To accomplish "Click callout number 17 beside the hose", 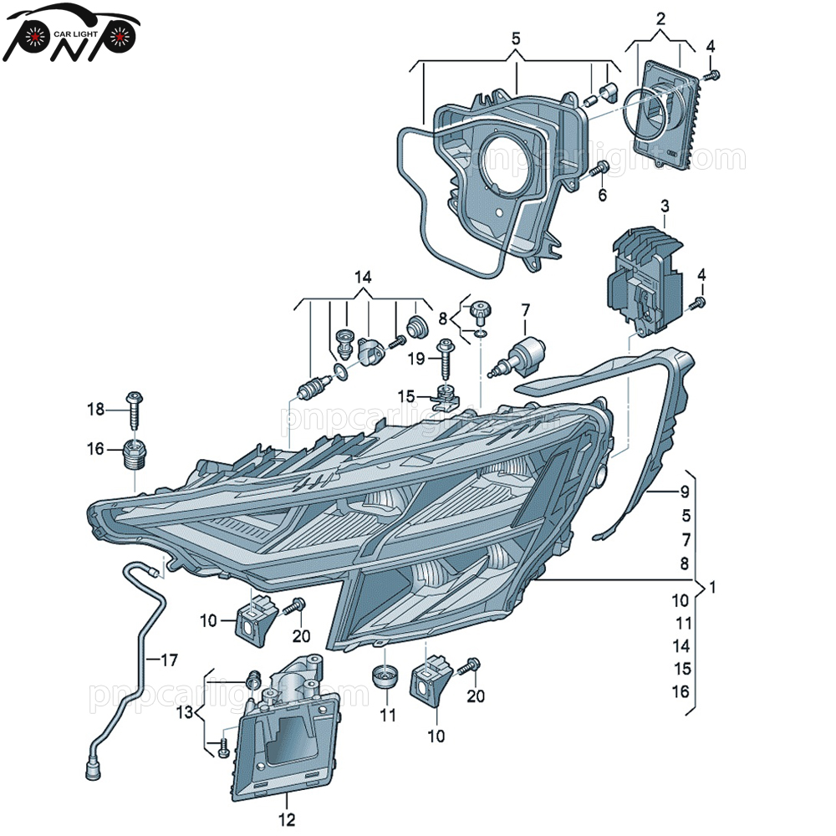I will point(169,660).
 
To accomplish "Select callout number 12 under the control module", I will point(287,820).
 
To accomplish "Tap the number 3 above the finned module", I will point(665,206).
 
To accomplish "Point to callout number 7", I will point(525,310).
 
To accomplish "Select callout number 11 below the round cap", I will point(386,715).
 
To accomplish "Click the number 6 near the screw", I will point(602,196).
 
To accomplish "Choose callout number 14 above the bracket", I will point(362,277).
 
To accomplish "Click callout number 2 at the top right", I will point(660,18).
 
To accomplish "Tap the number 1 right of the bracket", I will point(712,588).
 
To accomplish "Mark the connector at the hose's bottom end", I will point(92,762).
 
